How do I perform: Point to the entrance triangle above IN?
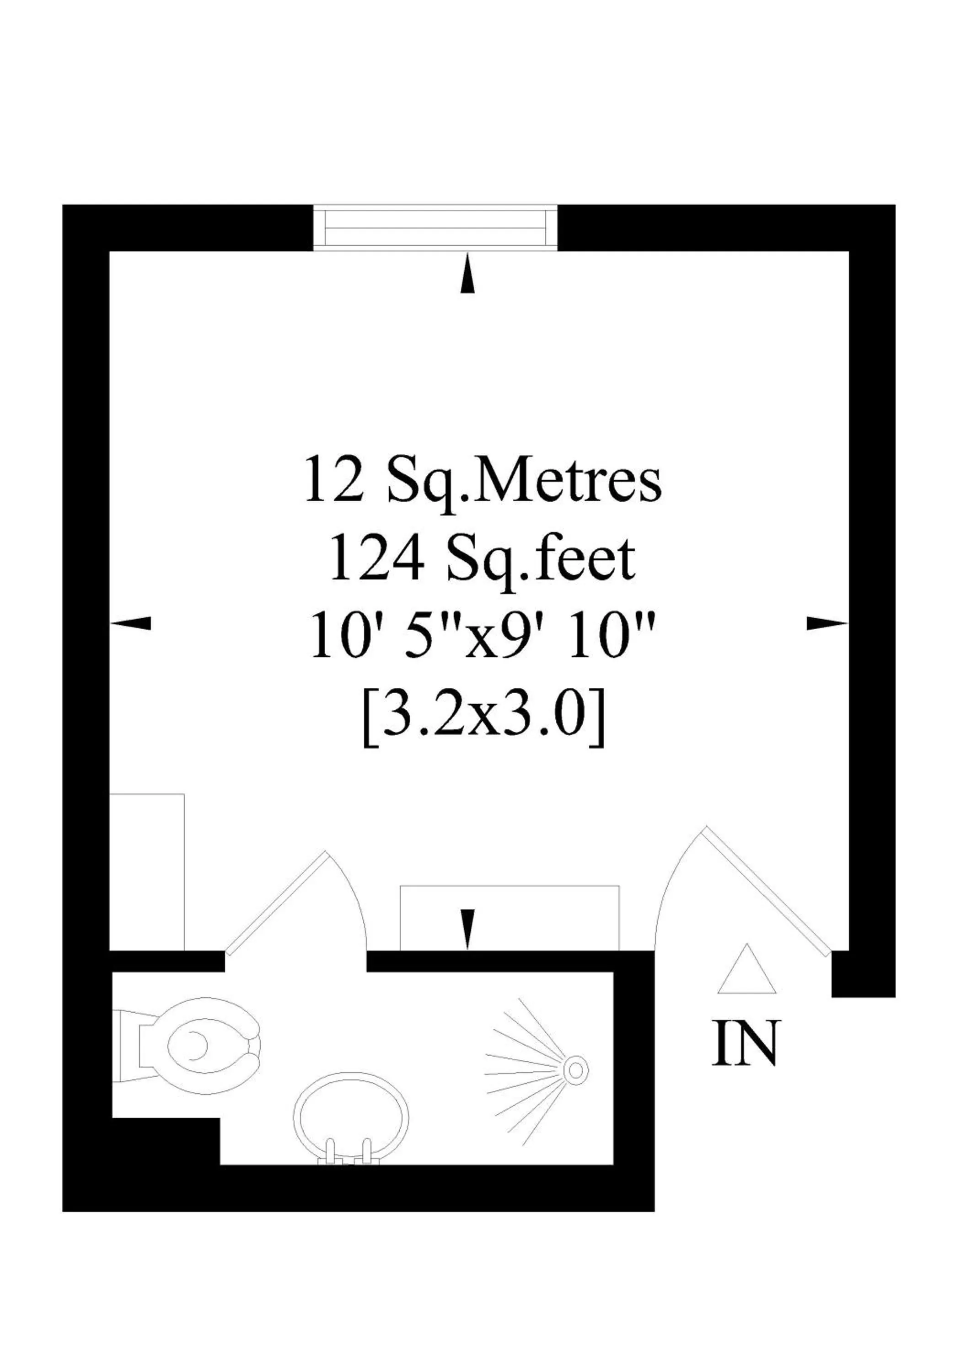747,972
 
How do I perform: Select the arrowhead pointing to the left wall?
131,623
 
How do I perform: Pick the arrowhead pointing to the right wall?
827,623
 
